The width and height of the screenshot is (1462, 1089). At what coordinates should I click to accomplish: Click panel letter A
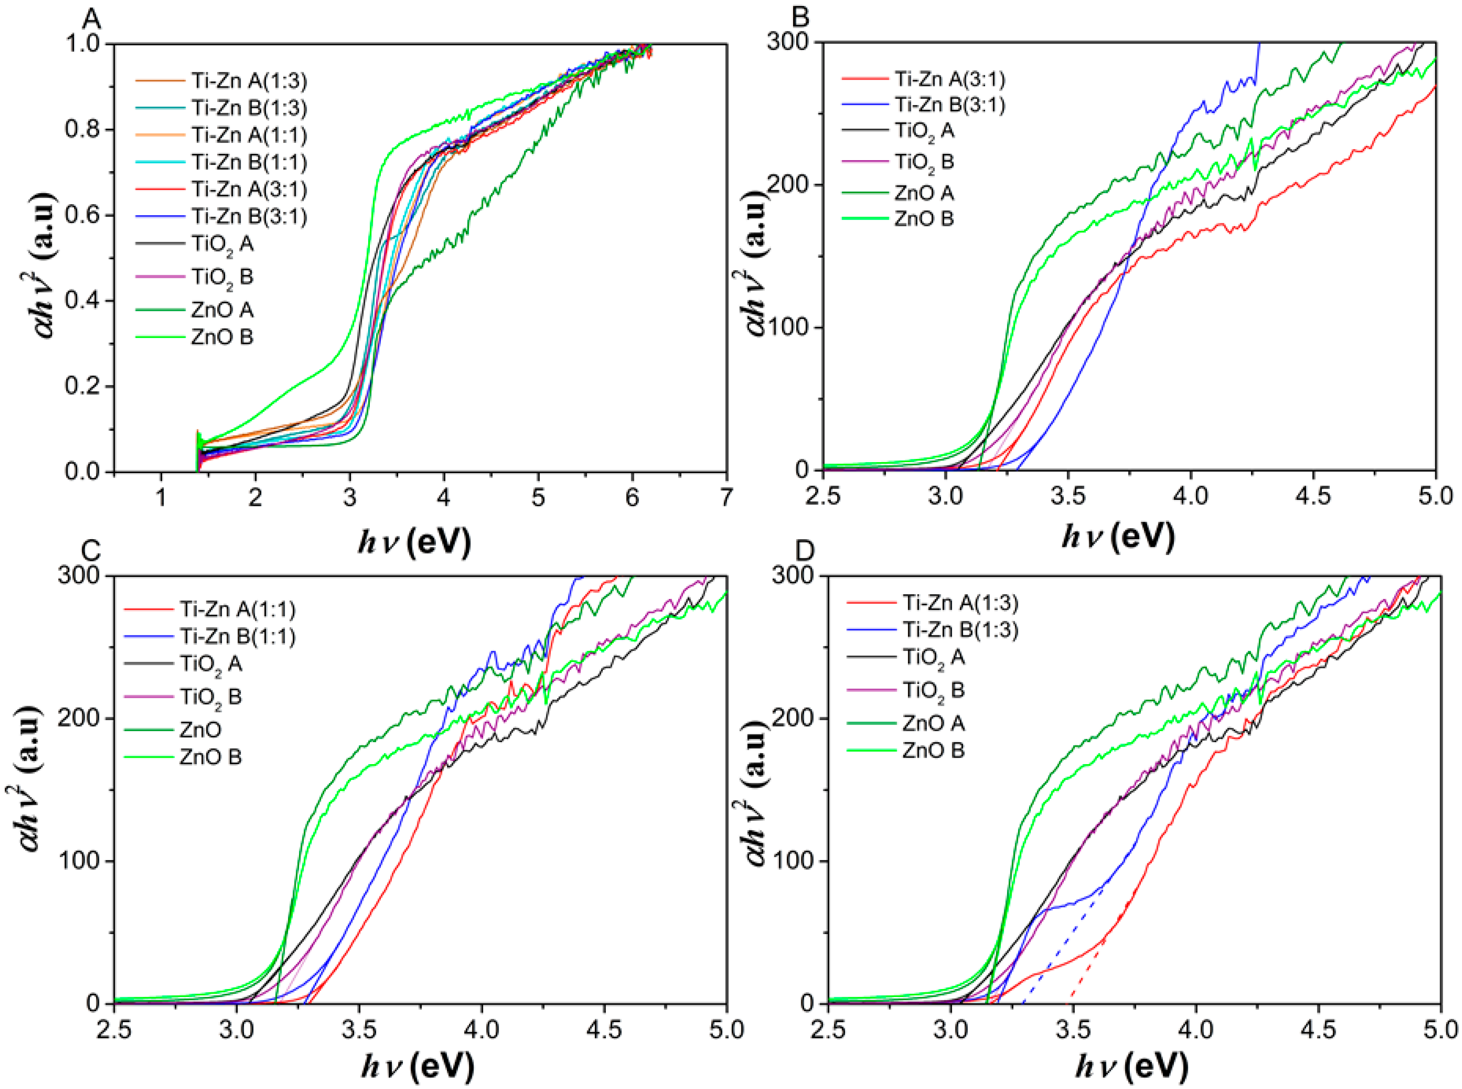91,19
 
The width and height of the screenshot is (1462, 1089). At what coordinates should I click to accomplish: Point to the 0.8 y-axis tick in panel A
82,129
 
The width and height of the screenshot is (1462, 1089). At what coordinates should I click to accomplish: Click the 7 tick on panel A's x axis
726,497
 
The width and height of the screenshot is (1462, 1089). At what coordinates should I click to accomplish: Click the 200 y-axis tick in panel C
78,718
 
